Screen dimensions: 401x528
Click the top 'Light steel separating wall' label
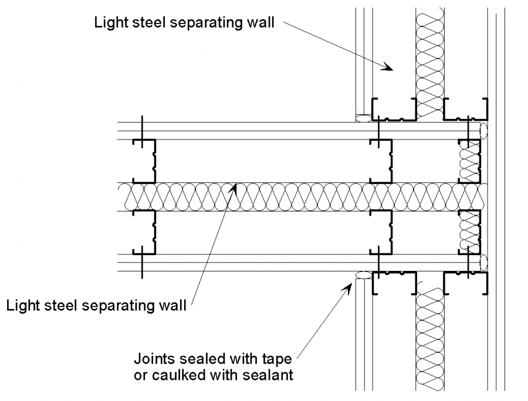pos(186,23)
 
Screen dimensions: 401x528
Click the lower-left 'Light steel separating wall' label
pos(97,305)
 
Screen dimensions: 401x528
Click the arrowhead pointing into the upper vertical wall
pos(387,67)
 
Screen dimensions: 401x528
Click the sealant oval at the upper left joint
pos(364,118)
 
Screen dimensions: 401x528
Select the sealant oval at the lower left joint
pos(364,274)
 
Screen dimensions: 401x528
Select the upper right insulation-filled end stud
pos(470,162)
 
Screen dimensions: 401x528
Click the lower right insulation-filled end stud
pos(470,232)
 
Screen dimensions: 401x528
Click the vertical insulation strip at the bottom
pos(429,340)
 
